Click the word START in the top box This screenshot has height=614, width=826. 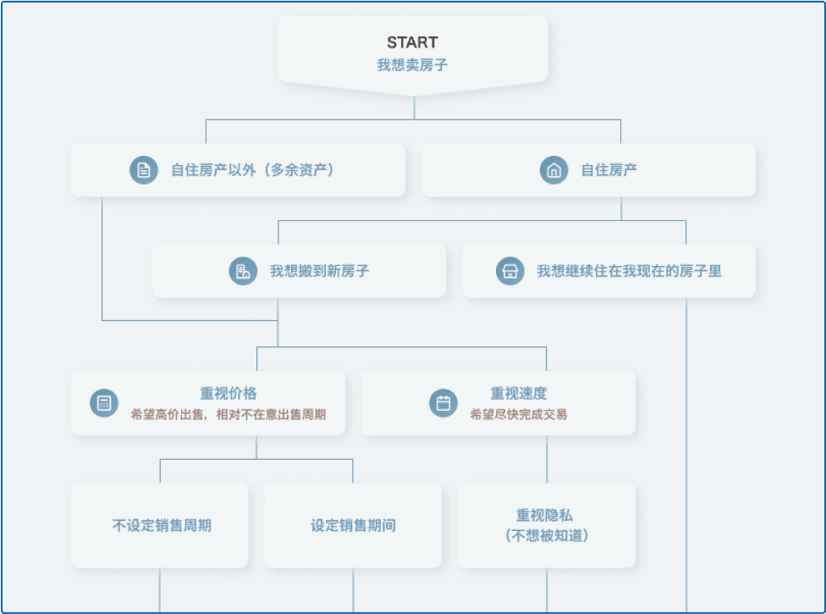point(412,42)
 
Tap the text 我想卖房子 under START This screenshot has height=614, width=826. point(412,65)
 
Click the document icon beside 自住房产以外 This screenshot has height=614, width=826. point(144,170)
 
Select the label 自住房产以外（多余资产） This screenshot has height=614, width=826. point(253,170)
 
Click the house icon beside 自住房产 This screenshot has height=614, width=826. point(553,170)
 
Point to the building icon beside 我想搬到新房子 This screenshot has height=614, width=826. point(243,271)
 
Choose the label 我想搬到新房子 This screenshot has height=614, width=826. point(319,271)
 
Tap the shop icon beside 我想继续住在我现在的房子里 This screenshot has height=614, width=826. point(510,271)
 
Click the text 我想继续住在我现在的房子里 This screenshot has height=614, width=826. point(629,271)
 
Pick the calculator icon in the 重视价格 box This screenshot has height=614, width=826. point(104,403)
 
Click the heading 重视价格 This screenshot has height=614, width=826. point(229,393)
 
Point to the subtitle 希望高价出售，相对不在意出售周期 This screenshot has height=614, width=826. point(229,414)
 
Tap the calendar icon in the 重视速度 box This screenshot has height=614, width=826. point(443,403)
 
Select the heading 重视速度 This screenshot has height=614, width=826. point(518,393)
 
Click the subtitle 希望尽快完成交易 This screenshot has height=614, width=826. point(518,414)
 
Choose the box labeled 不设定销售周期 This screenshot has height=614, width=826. point(160,525)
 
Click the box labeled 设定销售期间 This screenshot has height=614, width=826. point(353,525)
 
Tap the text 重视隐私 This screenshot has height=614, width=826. point(544,515)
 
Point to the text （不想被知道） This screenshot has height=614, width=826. point(547,536)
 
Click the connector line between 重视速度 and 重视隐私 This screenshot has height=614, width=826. point(547,459)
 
